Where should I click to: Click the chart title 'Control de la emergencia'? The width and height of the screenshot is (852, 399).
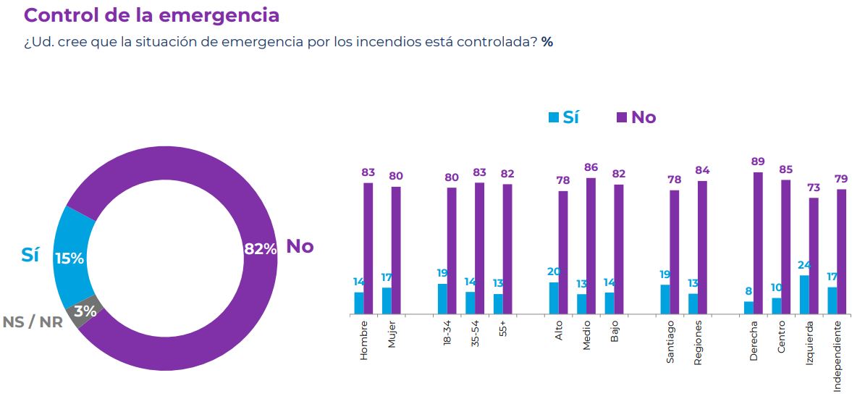pyautogui.click(x=152, y=15)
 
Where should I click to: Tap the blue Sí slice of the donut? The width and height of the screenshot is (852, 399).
pyautogui.click(x=72, y=257)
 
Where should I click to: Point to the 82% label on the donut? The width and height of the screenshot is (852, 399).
pyautogui.click(x=260, y=248)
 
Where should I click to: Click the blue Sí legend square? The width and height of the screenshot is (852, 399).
pyautogui.click(x=554, y=117)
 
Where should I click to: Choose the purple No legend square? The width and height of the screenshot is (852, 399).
pyautogui.click(x=621, y=117)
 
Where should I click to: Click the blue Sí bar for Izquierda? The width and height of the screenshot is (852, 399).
pyautogui.click(x=804, y=295)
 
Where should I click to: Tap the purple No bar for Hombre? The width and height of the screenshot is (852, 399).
pyautogui.click(x=368, y=248)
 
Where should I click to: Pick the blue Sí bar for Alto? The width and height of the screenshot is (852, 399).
pyautogui.click(x=554, y=298)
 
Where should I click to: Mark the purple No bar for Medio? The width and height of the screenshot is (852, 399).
pyautogui.click(x=591, y=246)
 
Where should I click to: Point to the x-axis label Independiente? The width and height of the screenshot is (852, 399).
pyautogui.click(x=837, y=355)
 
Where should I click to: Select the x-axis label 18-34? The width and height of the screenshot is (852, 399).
pyautogui.click(x=447, y=335)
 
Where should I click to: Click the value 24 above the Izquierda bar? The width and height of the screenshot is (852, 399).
pyautogui.click(x=804, y=264)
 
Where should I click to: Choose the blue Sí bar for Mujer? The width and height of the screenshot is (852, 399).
pyautogui.click(x=387, y=301)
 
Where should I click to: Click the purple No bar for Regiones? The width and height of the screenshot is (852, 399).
pyautogui.click(x=702, y=248)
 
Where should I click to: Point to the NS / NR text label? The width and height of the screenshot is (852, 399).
pyautogui.click(x=32, y=322)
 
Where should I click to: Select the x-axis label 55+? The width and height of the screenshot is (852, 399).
pyautogui.click(x=503, y=329)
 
